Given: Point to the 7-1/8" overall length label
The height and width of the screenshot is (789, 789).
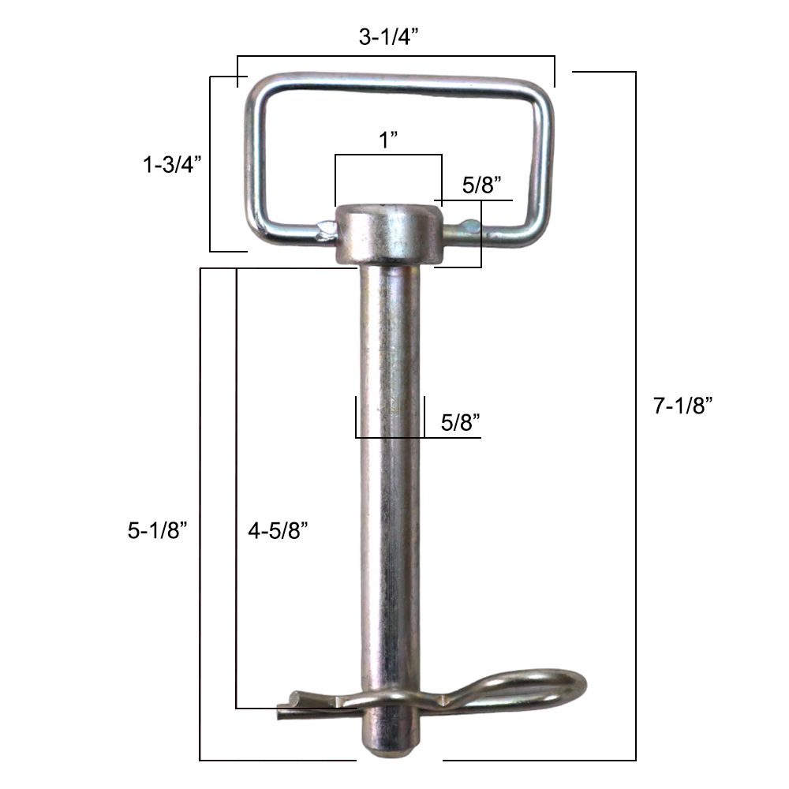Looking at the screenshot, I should coord(683,406).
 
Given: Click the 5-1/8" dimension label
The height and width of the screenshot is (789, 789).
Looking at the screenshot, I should coord(157,531).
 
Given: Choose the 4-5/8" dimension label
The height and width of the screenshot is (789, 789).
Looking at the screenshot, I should coord(277,531).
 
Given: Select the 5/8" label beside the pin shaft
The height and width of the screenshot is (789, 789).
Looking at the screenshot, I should coord(461,422).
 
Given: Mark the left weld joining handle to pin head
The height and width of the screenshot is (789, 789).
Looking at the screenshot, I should coord(324,230).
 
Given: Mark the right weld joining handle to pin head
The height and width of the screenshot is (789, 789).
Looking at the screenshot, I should coord(466,228).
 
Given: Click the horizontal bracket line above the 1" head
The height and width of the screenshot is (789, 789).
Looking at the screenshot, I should coord(387,155).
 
